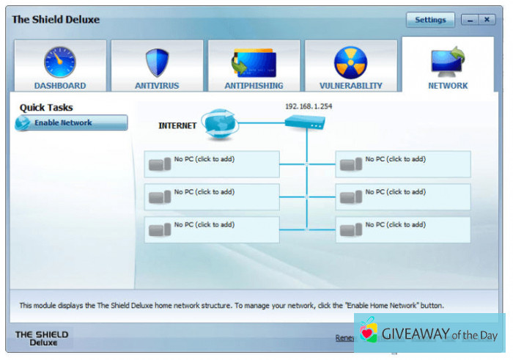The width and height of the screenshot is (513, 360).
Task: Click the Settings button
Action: coord(430,20)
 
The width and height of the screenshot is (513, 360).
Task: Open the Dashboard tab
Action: coord(59,67)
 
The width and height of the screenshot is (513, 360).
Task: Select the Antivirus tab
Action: coord(157,67)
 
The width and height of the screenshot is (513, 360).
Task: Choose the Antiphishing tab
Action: coord(254,67)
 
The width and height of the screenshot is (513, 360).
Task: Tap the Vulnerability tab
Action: coord(350,67)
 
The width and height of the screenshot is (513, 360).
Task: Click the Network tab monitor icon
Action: coord(448,63)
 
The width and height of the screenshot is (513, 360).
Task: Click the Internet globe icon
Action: coord(218,123)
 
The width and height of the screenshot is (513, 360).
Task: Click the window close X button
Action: coord(487,20)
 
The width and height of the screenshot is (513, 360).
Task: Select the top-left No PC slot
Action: coord(213,164)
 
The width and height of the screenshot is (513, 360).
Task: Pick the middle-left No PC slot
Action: coord(213,196)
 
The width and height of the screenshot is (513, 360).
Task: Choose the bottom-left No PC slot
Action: coord(213,229)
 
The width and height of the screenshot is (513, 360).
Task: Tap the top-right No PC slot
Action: coord(403,164)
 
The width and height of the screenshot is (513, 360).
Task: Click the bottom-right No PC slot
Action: coord(403,229)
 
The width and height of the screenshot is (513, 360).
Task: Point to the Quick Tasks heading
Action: coord(46,108)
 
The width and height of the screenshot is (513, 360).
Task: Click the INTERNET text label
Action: coord(177,126)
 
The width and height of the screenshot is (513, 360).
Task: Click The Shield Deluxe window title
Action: coord(56,20)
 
